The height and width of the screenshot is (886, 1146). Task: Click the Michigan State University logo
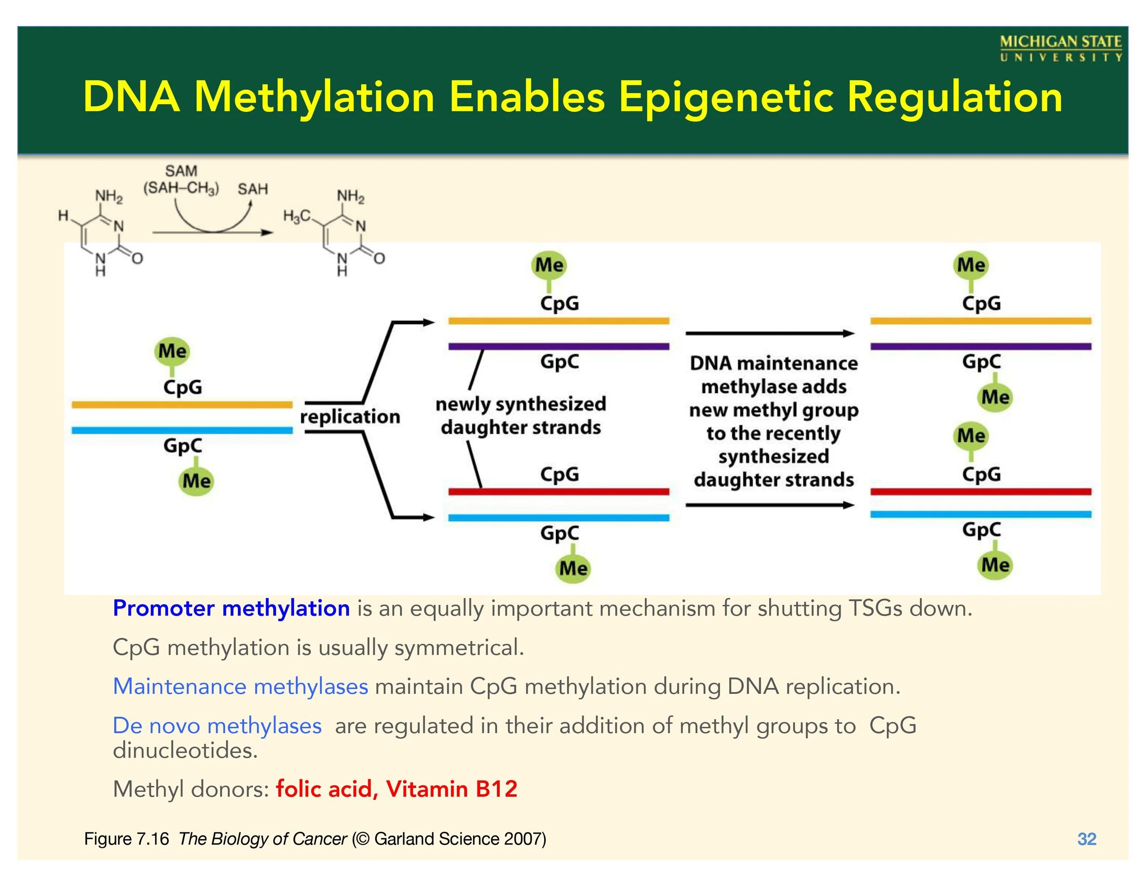1060,48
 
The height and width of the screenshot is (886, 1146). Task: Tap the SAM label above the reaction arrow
181,171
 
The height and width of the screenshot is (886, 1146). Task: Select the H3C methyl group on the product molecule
297,216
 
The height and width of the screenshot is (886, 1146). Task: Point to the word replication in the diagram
350,417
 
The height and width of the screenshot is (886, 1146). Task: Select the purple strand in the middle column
558,346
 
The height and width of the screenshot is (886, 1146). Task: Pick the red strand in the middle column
558,492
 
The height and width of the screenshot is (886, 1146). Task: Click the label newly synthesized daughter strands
521,415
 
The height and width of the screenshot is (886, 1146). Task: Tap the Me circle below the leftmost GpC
196,481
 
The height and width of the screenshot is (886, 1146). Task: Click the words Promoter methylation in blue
231,609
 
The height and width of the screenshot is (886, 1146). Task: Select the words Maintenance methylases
240,687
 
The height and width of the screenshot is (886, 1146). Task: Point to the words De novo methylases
217,726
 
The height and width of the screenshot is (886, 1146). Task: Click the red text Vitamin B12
451,789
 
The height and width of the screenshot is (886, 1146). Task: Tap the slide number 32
1087,839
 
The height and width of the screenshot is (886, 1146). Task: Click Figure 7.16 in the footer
127,839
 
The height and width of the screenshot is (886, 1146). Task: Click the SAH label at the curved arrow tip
253,189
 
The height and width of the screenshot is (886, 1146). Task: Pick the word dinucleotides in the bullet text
185,751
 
